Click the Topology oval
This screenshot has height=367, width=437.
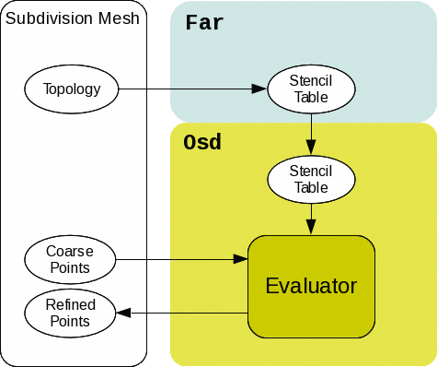[x=71, y=89]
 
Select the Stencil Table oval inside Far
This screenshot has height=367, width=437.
[x=311, y=89]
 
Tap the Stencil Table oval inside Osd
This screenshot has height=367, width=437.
[x=311, y=179]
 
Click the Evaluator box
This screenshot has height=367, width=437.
[x=311, y=286]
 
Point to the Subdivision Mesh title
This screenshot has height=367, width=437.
[x=73, y=18]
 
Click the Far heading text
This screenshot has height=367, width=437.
[x=204, y=22]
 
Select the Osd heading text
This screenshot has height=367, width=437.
[x=202, y=143]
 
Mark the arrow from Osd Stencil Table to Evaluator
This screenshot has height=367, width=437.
[x=311, y=219]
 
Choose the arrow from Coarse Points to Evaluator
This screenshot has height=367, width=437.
[x=184, y=259]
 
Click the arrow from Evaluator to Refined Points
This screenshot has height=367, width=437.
[x=184, y=314]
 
